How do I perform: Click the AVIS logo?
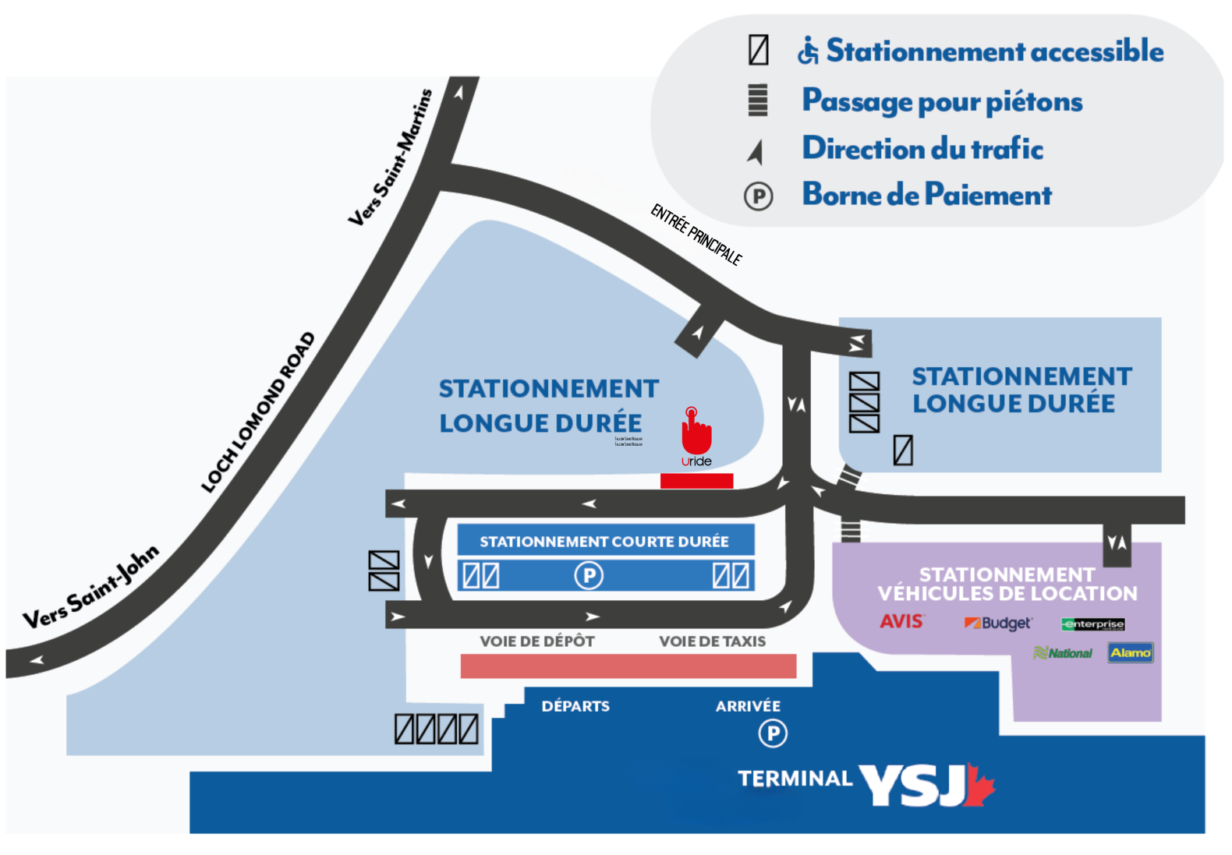[x=901, y=621]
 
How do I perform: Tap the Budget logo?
[x=998, y=623]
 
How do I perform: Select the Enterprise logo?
[x=1092, y=624]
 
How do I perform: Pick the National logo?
[x=1063, y=653]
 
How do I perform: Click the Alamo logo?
[x=1130, y=652]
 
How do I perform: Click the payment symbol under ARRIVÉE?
[x=773, y=733]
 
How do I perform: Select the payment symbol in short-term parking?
[x=589, y=576]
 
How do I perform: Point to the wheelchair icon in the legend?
[x=808, y=51]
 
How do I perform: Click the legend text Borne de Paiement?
[x=927, y=195]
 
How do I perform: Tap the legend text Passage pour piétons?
[x=942, y=101]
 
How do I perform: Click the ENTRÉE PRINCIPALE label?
[x=696, y=234]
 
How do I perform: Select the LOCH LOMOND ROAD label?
[x=258, y=412]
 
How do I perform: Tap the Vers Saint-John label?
[x=90, y=587]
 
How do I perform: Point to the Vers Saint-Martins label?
[x=390, y=158]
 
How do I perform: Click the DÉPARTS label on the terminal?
[x=575, y=706]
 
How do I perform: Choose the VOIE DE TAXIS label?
[x=712, y=641]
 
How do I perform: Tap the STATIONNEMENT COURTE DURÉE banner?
[x=604, y=541]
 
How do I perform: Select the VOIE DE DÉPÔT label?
[x=537, y=641]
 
